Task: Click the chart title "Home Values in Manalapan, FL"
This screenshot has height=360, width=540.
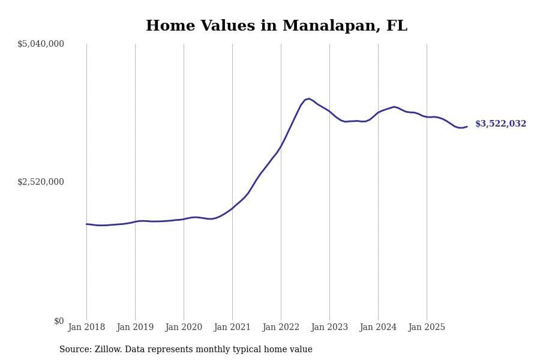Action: (276, 26)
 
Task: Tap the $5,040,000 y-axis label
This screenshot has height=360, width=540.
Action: (41, 44)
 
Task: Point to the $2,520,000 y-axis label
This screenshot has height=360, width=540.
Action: (41, 182)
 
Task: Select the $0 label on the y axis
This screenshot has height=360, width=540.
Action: (59, 321)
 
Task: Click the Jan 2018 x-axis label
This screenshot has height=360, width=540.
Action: (86, 327)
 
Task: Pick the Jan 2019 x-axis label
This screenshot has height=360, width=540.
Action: (135, 327)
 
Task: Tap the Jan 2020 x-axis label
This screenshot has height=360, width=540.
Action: (184, 327)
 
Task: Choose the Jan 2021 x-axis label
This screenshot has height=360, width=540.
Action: (232, 327)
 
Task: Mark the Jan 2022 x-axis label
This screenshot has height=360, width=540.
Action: (281, 327)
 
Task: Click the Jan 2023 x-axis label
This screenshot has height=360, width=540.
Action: (329, 327)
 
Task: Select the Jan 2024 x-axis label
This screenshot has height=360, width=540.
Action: (378, 327)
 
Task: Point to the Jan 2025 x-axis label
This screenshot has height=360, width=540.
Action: (427, 327)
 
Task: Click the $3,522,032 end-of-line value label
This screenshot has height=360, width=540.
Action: (500, 124)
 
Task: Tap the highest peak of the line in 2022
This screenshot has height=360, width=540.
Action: (309, 99)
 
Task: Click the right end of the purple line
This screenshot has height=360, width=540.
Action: (467, 127)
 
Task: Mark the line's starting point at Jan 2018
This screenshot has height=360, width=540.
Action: (86, 224)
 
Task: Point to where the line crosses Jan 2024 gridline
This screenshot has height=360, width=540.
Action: (378, 112)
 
